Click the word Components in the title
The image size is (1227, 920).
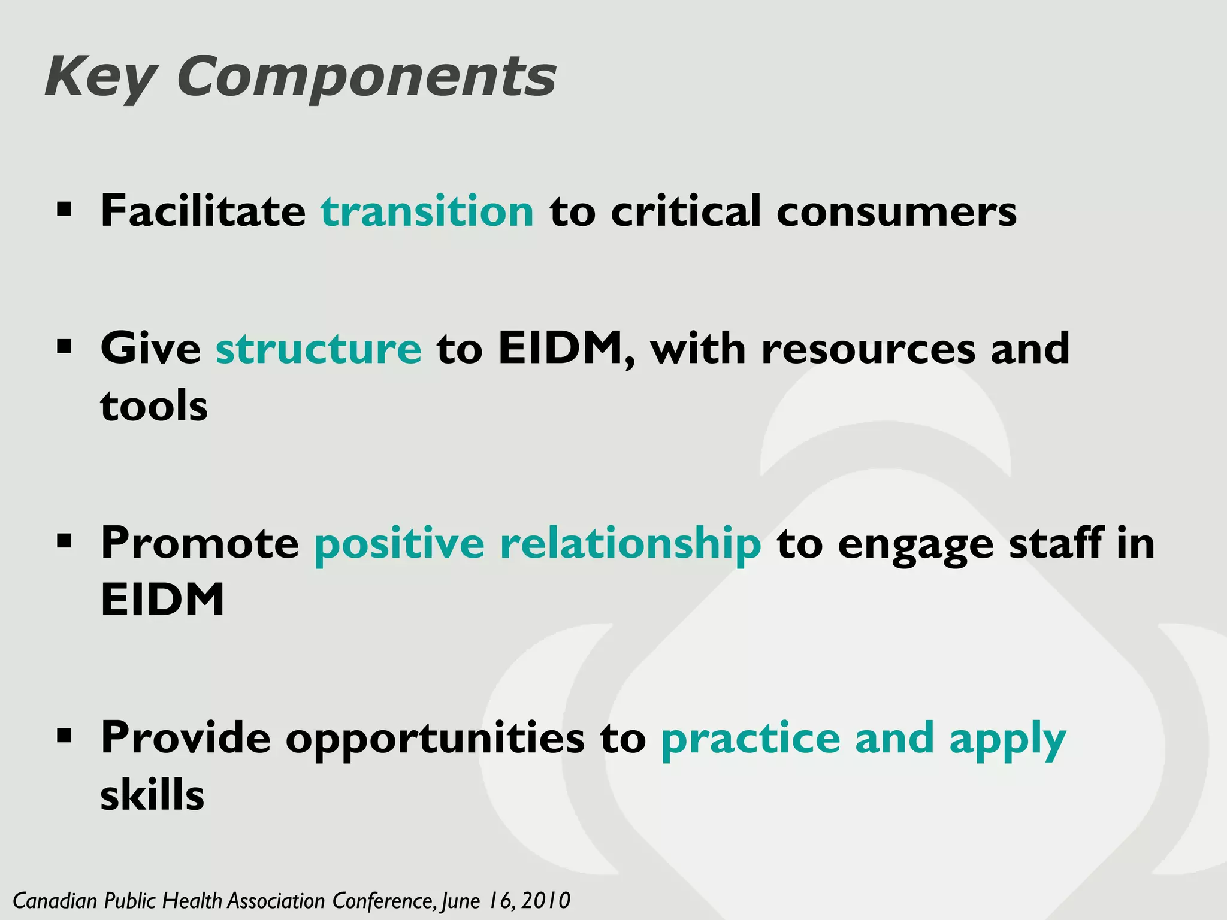click(x=366, y=78)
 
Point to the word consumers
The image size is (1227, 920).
click(x=896, y=213)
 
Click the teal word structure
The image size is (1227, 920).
click(x=318, y=349)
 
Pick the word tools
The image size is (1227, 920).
click(x=154, y=406)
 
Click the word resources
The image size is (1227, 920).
click(x=868, y=350)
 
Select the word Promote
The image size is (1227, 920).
click(x=200, y=544)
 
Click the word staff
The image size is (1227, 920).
click(x=1056, y=543)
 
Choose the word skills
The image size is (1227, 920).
click(x=152, y=795)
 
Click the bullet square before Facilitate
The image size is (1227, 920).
click(x=64, y=210)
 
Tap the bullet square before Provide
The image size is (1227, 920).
click(x=64, y=735)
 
